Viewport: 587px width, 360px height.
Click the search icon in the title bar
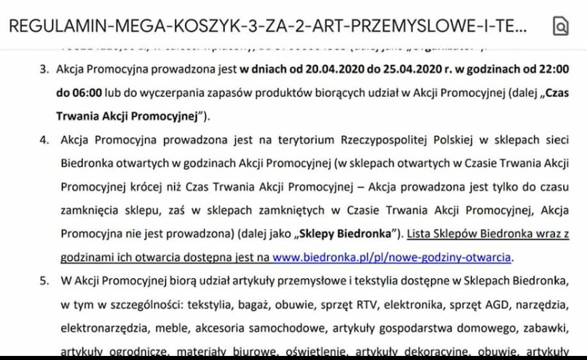[x=561, y=26]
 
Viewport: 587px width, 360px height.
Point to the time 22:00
[x=552, y=69]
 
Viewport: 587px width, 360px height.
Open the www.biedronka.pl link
[x=391, y=257]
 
